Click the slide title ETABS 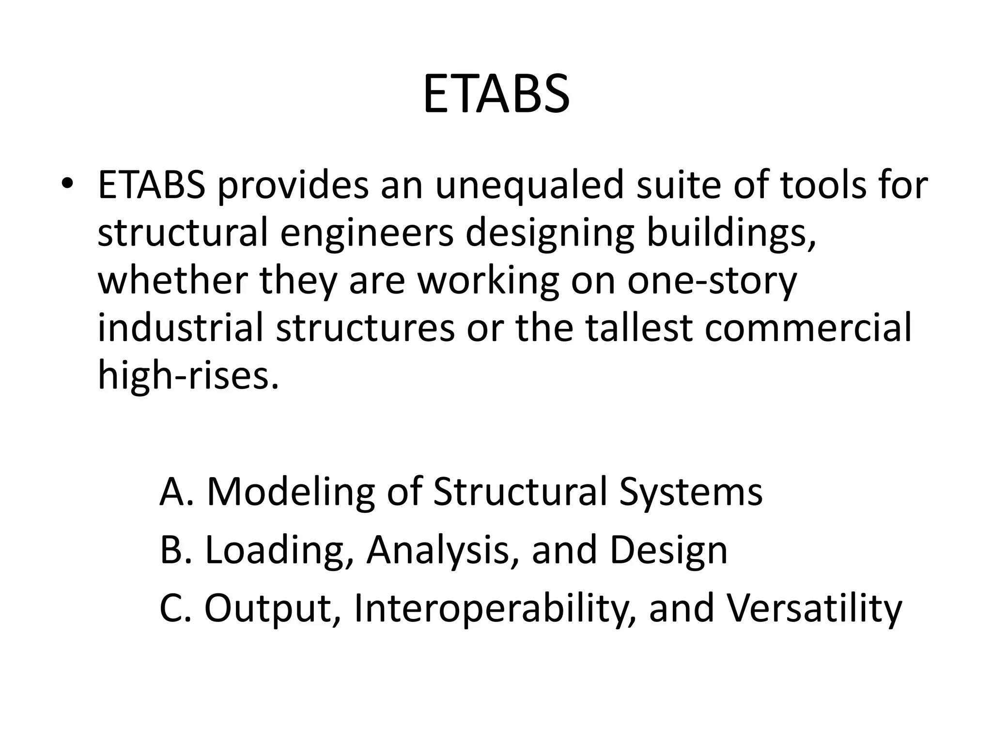click(x=496, y=94)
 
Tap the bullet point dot click(x=67, y=186)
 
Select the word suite click(x=678, y=186)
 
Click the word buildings click(x=731, y=233)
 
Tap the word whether click(x=172, y=281)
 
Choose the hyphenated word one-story click(x=712, y=281)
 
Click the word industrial click(x=181, y=328)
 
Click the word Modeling click(x=291, y=492)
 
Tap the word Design click(x=668, y=550)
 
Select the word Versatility click(x=814, y=608)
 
